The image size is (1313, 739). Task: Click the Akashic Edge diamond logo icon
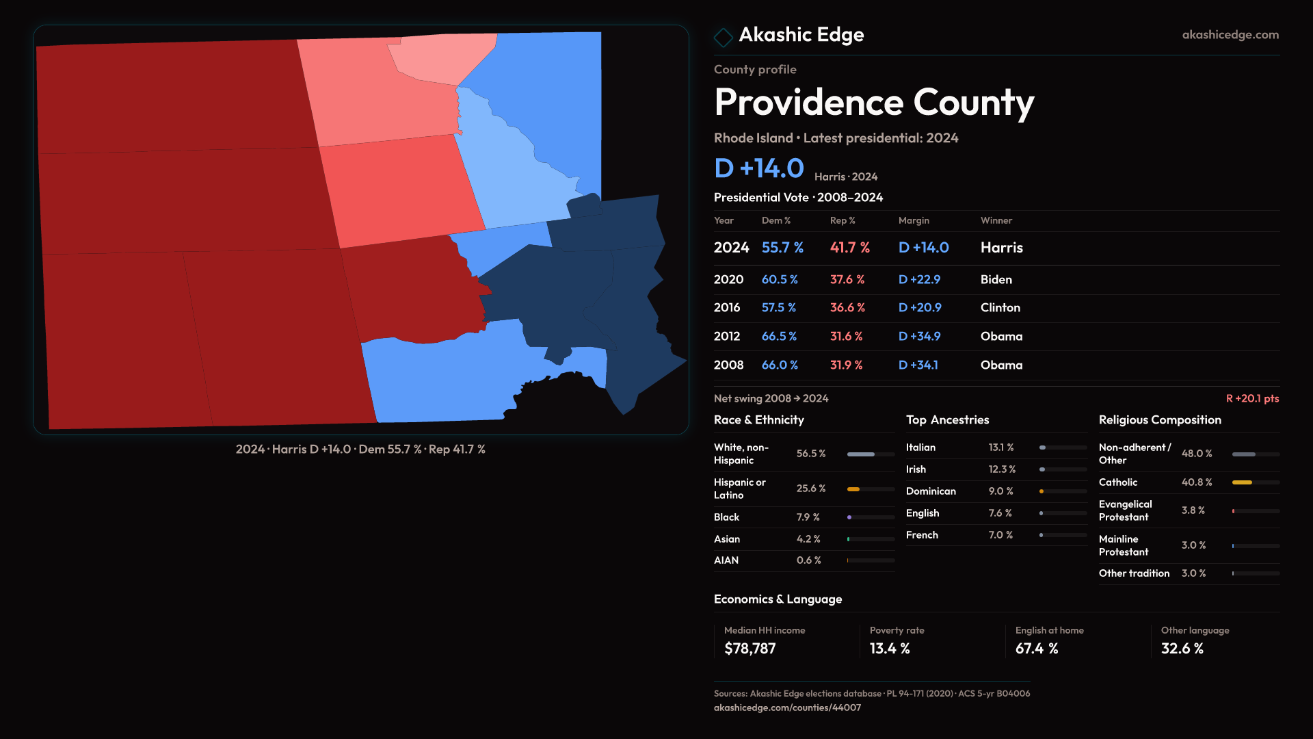click(723, 37)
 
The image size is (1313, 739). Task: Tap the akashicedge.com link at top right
click(1230, 35)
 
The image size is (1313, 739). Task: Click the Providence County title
click(873, 103)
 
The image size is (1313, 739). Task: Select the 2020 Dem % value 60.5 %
click(780, 280)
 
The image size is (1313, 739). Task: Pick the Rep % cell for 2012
click(846, 337)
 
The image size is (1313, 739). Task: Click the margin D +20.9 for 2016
click(919, 308)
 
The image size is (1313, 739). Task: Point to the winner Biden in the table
click(996, 280)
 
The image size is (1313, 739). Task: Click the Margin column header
click(914, 220)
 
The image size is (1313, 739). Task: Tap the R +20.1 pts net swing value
click(1251, 398)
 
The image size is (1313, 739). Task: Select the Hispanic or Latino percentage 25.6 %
click(810, 489)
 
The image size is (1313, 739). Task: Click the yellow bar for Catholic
click(1242, 482)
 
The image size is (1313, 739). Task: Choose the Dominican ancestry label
click(930, 491)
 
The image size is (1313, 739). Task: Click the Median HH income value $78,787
click(750, 649)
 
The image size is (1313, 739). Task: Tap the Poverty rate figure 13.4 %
click(889, 649)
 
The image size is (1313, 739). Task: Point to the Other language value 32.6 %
click(1182, 649)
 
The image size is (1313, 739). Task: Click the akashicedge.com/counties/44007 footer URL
click(787, 708)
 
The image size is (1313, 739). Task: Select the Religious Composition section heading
click(1159, 420)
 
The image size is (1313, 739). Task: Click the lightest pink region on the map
click(438, 58)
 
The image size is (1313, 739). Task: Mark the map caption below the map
click(360, 450)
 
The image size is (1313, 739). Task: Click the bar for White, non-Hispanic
click(861, 454)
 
